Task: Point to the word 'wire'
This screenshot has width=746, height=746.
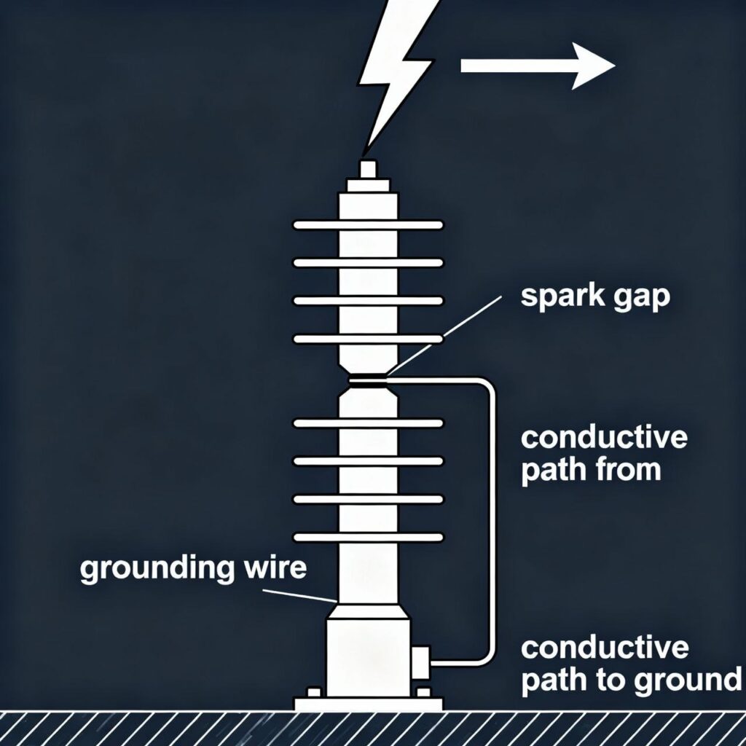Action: (x=275, y=568)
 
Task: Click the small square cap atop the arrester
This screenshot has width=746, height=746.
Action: (x=368, y=169)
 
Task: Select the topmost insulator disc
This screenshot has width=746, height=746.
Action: (x=368, y=225)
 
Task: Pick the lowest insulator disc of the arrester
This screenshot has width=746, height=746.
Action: (x=368, y=537)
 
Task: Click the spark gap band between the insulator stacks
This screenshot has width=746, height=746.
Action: (x=368, y=380)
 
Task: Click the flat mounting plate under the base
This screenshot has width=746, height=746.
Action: (x=368, y=704)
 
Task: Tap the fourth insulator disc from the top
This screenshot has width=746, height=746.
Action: (x=368, y=339)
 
